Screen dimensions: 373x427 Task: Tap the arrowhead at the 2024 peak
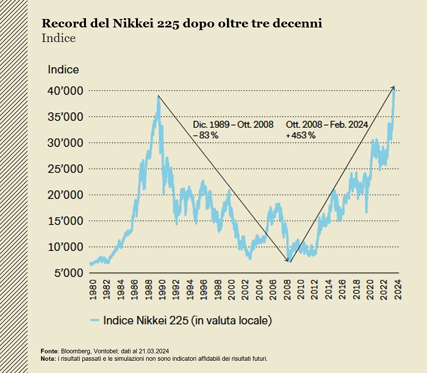[x=393, y=88]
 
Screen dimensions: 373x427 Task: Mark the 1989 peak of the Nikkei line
[x=159, y=96]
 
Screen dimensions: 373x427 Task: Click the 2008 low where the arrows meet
[x=290, y=262]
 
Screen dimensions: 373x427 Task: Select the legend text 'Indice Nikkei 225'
[x=187, y=320]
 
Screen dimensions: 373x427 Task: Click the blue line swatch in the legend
[x=94, y=320]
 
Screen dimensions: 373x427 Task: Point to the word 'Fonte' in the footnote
[x=49, y=352]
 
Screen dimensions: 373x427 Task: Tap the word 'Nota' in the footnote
[x=48, y=358]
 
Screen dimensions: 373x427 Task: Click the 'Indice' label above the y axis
[x=63, y=70]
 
